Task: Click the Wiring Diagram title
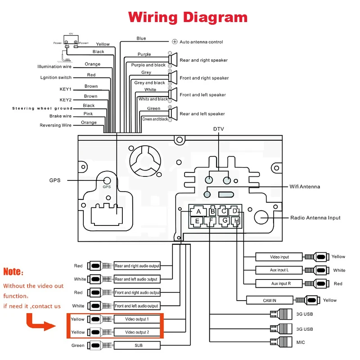[x=188, y=17]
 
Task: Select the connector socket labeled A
[x=198, y=211]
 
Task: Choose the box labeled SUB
[x=137, y=346]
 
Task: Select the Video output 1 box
[x=137, y=319]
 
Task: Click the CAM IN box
[x=270, y=300]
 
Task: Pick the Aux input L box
[x=279, y=270]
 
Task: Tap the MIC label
[x=300, y=342]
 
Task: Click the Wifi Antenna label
[x=304, y=187]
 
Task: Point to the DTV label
[x=219, y=129]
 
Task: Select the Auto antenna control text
[x=201, y=42]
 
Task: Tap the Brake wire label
[x=60, y=116]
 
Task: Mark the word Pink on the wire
[x=89, y=114]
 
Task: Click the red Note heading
[x=13, y=272]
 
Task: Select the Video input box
[x=279, y=257]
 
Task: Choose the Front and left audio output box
[x=137, y=306]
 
